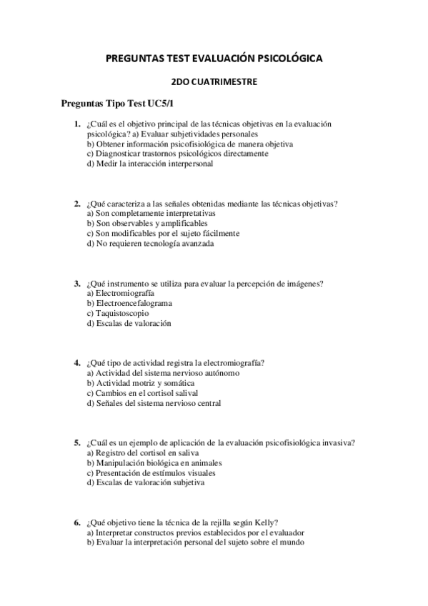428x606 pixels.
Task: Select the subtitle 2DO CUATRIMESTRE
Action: tap(214, 82)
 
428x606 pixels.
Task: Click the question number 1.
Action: tap(77, 124)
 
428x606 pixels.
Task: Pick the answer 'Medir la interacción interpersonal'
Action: tap(149, 163)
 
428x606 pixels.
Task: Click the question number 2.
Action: tap(77, 204)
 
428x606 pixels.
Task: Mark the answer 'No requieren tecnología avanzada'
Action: tap(150, 243)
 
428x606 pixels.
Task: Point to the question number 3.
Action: tap(77, 284)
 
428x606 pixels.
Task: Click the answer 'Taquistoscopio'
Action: tap(118, 313)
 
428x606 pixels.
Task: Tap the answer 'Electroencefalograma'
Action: tap(129, 303)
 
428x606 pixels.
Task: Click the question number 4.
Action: tap(77, 363)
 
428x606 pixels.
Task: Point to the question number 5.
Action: tap(77, 443)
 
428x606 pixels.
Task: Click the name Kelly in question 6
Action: tap(266, 523)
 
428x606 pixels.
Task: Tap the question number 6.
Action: tap(77, 523)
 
